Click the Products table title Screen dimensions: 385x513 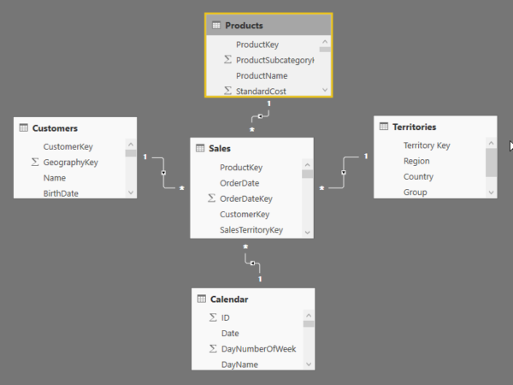(244, 26)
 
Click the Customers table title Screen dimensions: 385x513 (55, 128)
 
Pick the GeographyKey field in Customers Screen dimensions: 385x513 (70, 163)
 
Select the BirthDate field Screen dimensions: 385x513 (61, 193)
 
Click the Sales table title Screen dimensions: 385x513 (220, 149)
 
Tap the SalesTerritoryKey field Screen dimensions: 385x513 (251, 230)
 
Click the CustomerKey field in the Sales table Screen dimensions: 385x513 (245, 215)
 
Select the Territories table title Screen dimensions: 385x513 (414, 127)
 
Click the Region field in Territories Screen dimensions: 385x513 (416, 161)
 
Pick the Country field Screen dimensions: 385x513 (418, 177)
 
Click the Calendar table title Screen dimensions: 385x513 (229, 299)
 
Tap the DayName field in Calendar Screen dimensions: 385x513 (239, 364)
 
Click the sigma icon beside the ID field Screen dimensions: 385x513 (212, 317)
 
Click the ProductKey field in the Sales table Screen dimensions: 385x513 (241, 168)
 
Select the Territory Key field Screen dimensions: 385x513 (427, 145)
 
